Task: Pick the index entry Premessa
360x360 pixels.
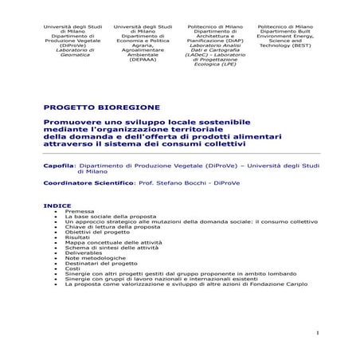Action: (x=78, y=211)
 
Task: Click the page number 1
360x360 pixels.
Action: (x=317, y=331)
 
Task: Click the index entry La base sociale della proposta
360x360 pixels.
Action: (x=106, y=217)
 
